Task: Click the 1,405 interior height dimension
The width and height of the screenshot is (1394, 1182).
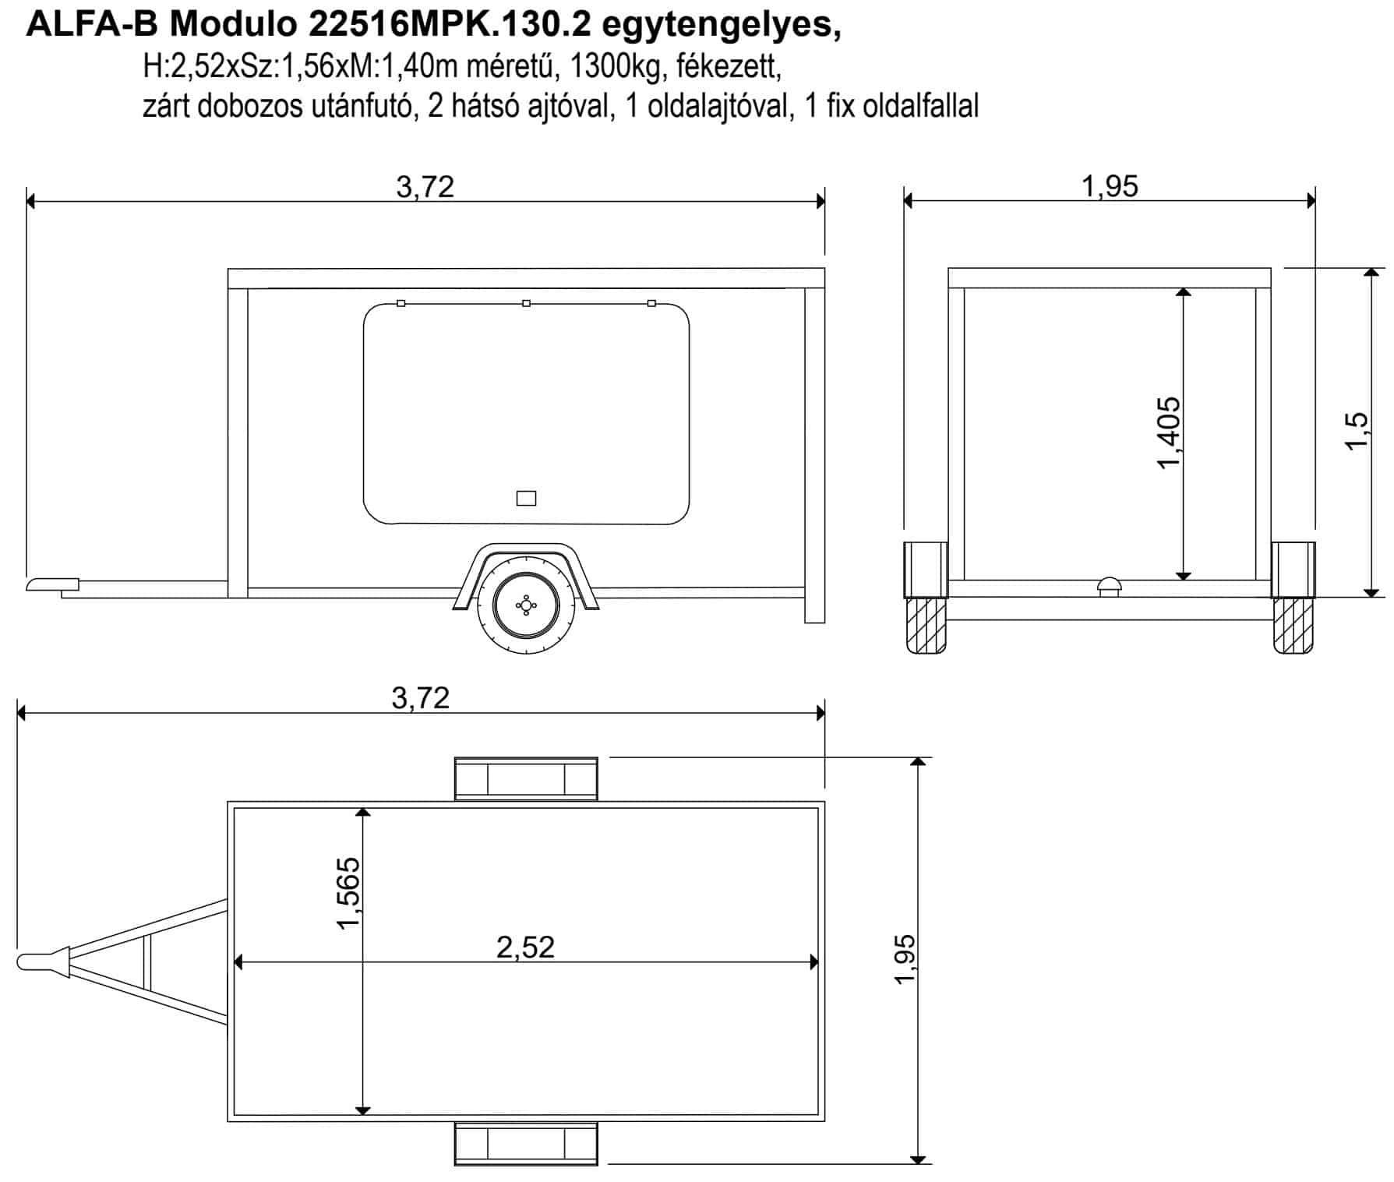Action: [1169, 432]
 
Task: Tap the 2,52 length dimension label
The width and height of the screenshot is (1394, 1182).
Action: [525, 947]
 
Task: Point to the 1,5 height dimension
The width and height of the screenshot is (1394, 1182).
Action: [1356, 430]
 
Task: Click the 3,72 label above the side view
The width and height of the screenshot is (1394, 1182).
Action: [425, 187]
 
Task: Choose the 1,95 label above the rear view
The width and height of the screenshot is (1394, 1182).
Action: [1110, 186]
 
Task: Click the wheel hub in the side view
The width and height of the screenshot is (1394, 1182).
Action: [526, 605]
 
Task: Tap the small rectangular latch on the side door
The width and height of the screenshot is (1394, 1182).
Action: [526, 498]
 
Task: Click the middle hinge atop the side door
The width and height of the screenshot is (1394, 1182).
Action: [526, 303]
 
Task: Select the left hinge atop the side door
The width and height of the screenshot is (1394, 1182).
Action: [401, 303]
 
